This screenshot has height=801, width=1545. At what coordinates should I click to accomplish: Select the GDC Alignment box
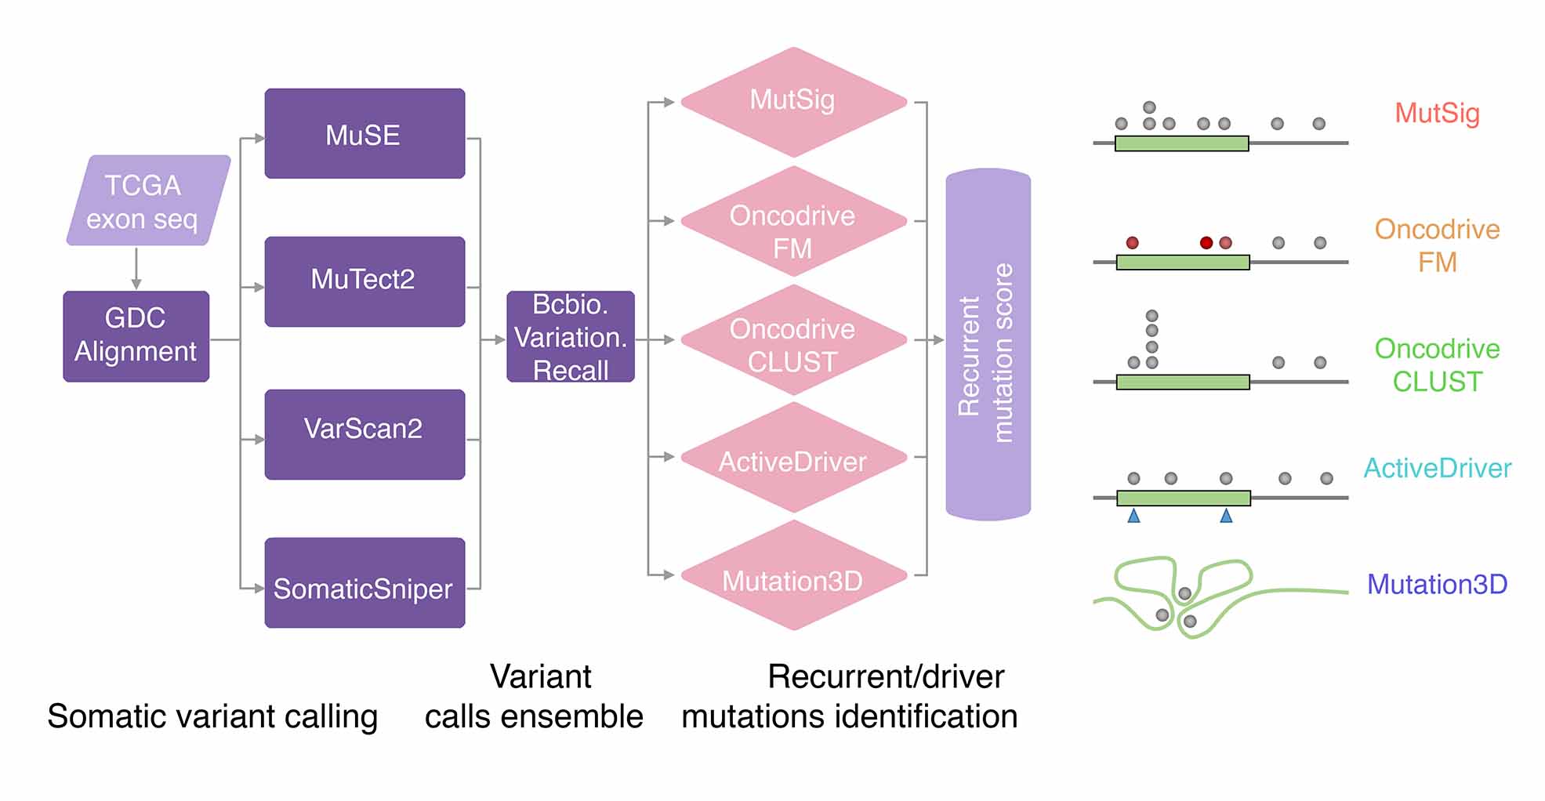tap(136, 336)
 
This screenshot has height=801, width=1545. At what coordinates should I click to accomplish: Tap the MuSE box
tap(364, 134)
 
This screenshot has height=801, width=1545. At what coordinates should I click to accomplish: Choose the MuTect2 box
tap(364, 281)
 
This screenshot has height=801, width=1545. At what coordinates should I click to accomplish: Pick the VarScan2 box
tap(364, 433)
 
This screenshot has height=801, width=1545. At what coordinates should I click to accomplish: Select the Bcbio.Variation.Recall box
tap(570, 336)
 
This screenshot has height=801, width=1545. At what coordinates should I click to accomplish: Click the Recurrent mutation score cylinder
tap(988, 345)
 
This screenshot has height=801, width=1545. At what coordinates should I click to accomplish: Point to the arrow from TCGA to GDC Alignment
tap(136, 268)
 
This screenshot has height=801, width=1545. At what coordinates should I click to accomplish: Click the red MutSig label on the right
tap(1437, 114)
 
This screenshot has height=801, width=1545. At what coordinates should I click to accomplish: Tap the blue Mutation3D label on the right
tap(1437, 585)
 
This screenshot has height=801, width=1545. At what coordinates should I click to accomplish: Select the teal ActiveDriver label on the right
tap(1437, 469)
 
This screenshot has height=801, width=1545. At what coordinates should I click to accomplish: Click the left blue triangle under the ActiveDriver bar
tap(1133, 516)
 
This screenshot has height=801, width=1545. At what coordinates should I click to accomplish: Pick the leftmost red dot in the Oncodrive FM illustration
tap(1132, 243)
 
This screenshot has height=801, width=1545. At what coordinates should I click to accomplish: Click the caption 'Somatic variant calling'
tap(212, 716)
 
